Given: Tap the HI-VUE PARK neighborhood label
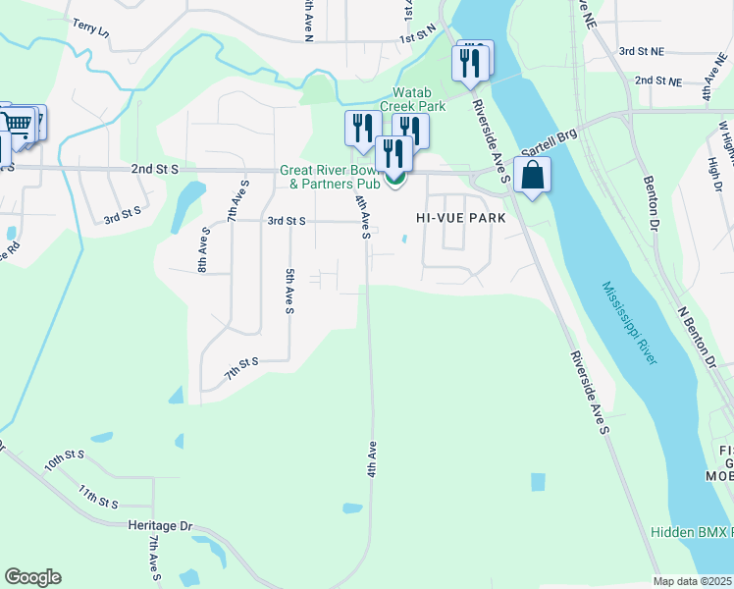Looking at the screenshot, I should pos(460,218).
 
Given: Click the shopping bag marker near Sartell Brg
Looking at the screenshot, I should pos(532,177).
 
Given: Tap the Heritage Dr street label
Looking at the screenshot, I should pos(160,525).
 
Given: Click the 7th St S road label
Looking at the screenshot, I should pos(240,367).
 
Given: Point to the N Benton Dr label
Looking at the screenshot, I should pos(700,333).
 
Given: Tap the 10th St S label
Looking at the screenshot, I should pos(65,459).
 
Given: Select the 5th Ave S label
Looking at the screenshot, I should pos(290,292).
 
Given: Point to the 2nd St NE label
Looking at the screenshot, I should pos(657,81).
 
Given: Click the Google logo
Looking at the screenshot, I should pos(32,577).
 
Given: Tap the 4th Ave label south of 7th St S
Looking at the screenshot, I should pos(373,459).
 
